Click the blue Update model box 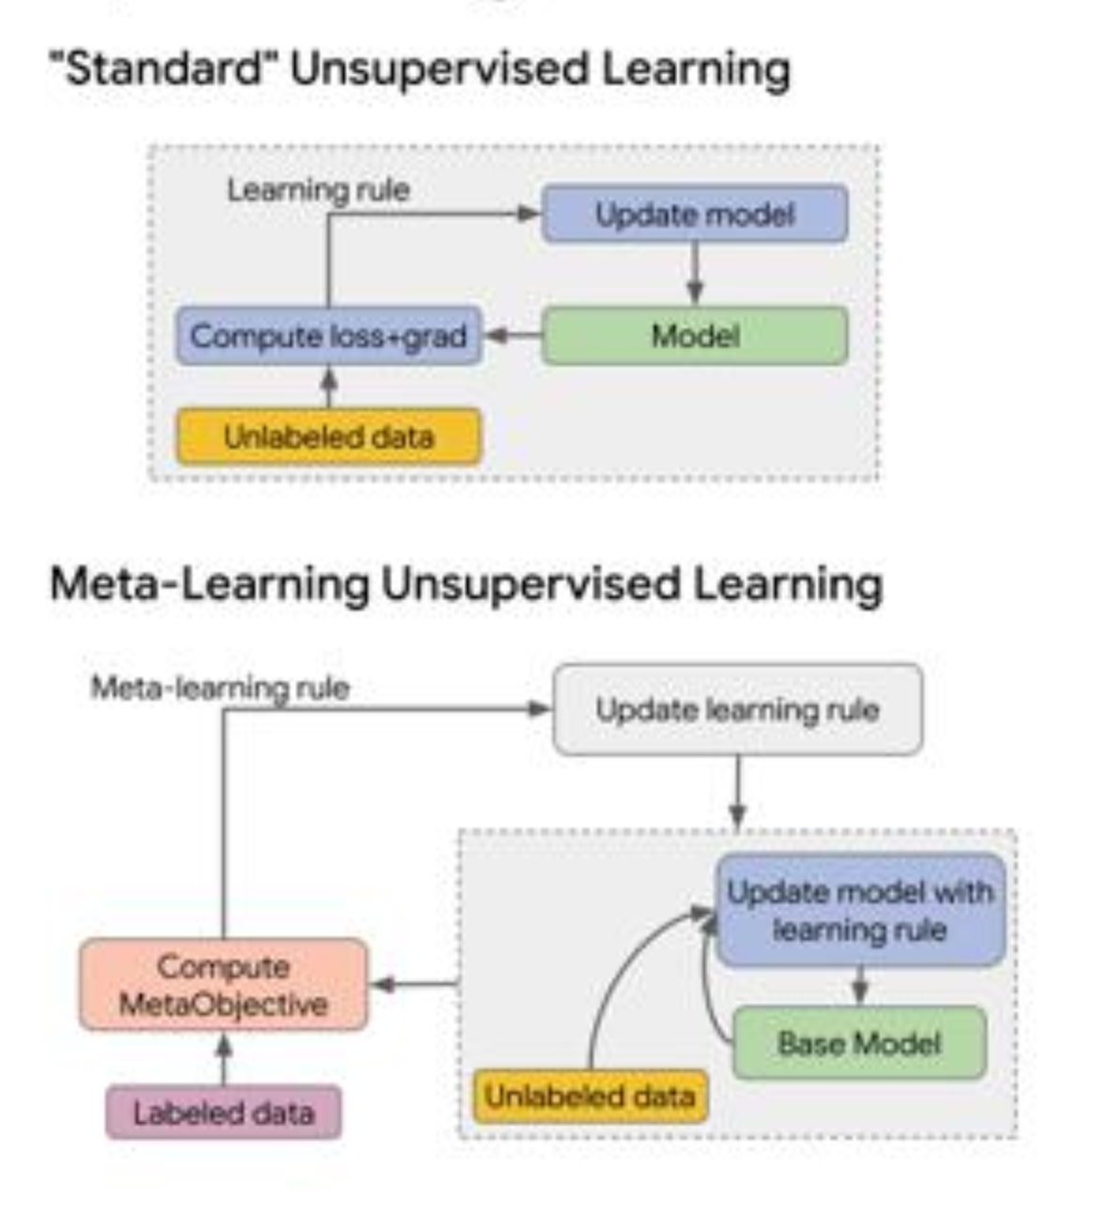pos(694,214)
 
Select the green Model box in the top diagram pos(694,336)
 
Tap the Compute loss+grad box pos(328,336)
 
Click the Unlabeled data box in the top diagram pos(328,437)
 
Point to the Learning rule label pos(318,190)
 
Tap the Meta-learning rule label pos(220,688)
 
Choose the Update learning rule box pos(737,710)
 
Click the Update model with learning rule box pos(859,911)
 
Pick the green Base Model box pos(858,1043)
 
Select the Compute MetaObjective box pos(223,985)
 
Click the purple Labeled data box pos(223,1113)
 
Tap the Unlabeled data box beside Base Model pos(590,1096)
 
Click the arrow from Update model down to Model pos(695,274)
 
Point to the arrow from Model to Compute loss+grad pos(512,335)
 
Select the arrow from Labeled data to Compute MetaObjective pos(223,1058)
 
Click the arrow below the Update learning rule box pos(737,793)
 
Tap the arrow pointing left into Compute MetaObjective pos(413,985)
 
